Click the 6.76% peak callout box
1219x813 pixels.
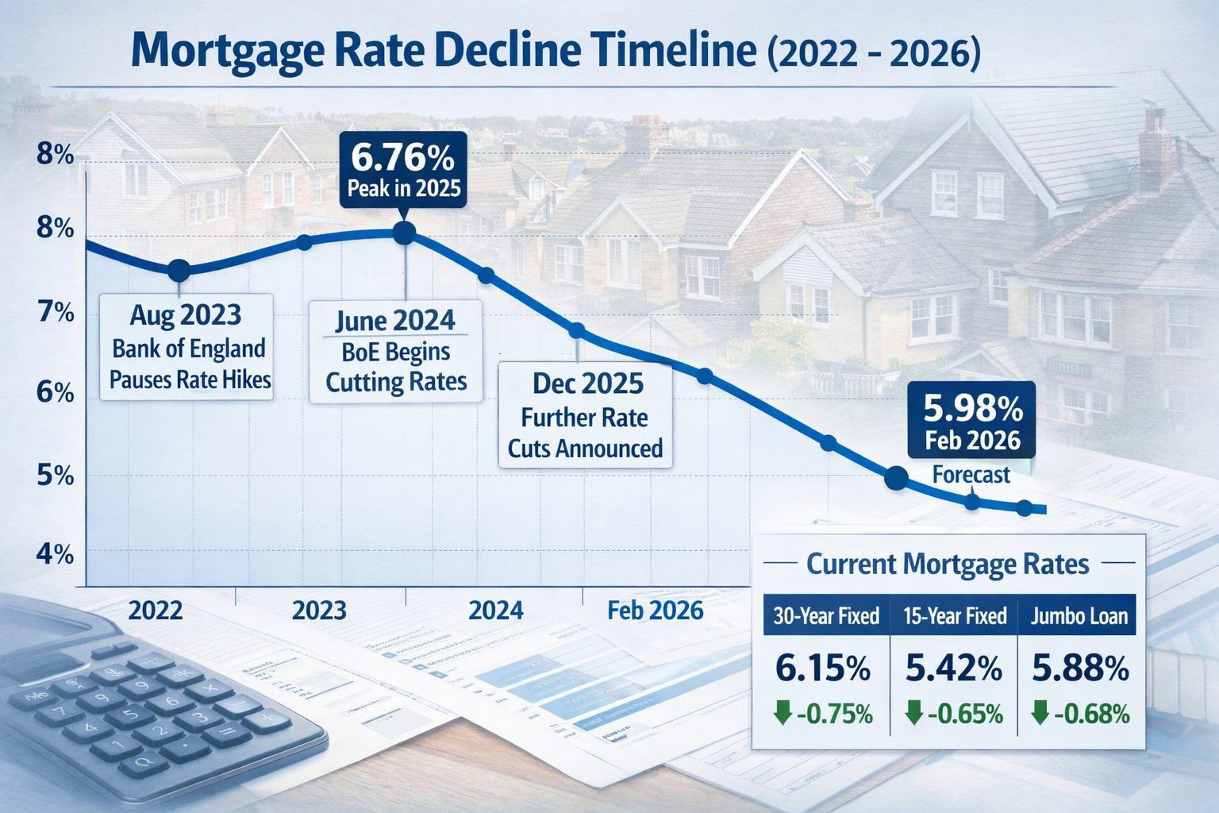402,171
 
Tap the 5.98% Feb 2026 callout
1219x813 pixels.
972,421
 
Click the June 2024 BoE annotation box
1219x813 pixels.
395,351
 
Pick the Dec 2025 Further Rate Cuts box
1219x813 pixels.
586,415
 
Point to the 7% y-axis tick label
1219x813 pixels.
56,312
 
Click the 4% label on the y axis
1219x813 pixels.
56,553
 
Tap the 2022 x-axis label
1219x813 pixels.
156,610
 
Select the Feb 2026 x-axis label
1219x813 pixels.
655,610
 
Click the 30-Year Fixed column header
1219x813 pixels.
826,616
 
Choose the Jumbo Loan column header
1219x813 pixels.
1079,616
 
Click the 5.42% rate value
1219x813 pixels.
953,669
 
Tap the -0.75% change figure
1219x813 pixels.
833,714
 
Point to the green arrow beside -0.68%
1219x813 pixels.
1039,712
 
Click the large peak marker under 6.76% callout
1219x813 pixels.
404,233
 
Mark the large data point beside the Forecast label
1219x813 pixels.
896,477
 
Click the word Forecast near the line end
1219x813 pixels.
971,475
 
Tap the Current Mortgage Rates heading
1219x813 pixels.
948,564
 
